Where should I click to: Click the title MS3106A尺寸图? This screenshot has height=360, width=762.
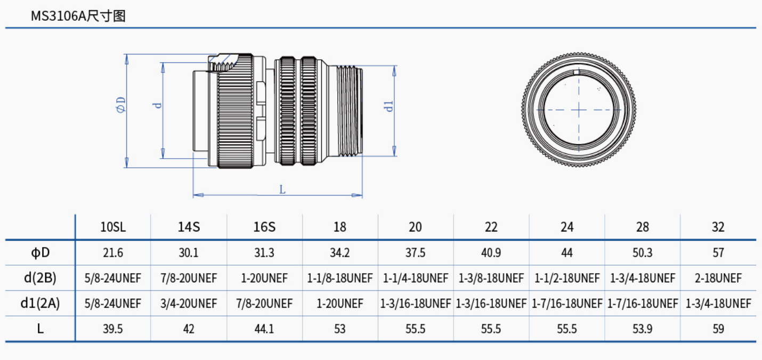tap(78, 16)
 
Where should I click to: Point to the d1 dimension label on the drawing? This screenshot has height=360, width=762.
tap(390, 106)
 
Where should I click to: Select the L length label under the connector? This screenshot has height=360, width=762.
tap(282, 189)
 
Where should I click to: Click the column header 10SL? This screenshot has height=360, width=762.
tap(113, 227)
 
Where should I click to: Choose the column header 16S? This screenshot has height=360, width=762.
tap(264, 227)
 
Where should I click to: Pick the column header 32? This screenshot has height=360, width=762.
tap(718, 227)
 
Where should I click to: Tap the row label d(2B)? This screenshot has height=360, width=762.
tap(40, 278)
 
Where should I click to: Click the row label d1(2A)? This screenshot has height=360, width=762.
tap(40, 304)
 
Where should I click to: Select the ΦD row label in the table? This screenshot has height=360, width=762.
tap(40, 252)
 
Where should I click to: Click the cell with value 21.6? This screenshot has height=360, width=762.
tap(113, 252)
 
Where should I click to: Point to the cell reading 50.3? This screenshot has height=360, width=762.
tap(642, 252)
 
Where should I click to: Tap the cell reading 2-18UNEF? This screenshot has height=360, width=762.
tap(718, 278)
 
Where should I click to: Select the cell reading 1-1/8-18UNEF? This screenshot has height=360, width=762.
tap(340, 278)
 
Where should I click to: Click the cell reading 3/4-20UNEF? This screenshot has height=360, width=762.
tap(189, 304)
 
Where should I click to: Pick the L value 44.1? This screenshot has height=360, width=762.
tap(264, 329)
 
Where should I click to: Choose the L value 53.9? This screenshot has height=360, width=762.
tap(642, 329)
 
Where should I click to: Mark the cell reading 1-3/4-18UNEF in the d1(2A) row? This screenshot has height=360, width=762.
tap(718, 304)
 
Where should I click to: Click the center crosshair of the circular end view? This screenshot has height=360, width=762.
tap(579, 110)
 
